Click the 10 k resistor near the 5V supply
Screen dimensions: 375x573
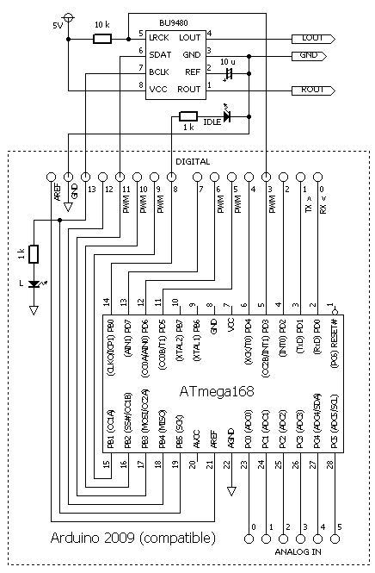coord(102,39)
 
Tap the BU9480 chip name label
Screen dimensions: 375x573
coord(173,22)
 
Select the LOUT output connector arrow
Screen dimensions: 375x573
coord(313,39)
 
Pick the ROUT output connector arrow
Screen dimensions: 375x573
coord(313,90)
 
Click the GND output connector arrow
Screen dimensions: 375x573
coord(309,56)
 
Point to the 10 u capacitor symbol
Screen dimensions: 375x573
coord(229,73)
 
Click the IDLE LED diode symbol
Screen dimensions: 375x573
coord(227,116)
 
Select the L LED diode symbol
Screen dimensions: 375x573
coord(34,283)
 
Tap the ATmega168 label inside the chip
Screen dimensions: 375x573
coord(217,391)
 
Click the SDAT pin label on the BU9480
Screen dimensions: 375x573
coord(160,55)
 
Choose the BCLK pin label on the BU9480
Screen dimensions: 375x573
coord(159,72)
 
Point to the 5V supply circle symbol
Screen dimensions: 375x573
coord(68,17)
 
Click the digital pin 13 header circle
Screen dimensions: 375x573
coord(85,177)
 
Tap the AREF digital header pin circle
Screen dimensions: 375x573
coord(51,177)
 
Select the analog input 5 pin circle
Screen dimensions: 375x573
coord(335,539)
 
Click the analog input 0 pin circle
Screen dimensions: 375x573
coord(249,539)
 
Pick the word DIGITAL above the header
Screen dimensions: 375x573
coord(193,161)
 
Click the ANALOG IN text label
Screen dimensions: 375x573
coord(298,551)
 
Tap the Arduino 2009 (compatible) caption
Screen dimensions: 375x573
coord(133,538)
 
